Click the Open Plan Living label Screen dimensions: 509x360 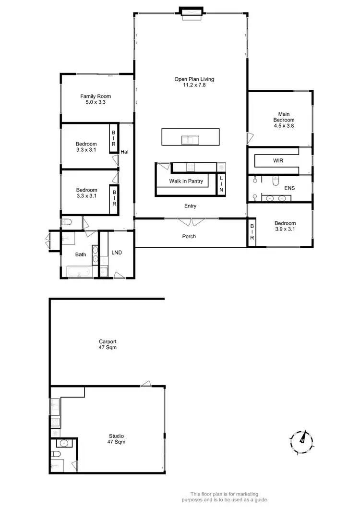point(194,82)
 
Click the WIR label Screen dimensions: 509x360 point(278,160)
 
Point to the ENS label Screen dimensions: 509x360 point(289,188)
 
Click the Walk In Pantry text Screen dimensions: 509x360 point(186,181)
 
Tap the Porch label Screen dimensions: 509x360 point(189,236)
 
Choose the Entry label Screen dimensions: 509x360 point(190,206)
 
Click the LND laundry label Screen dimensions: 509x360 point(117,252)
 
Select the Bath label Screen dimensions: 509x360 point(81,254)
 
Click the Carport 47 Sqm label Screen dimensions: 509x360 point(107,344)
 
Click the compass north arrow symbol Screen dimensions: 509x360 point(302,438)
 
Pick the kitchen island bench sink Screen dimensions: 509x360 point(188,140)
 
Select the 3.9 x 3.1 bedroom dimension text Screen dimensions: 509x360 point(285,230)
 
